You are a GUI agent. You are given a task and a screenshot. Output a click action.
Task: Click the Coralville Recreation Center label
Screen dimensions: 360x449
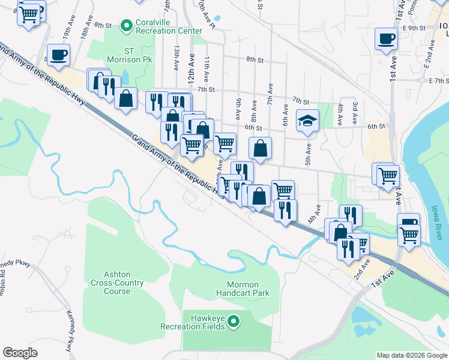tap(169, 26)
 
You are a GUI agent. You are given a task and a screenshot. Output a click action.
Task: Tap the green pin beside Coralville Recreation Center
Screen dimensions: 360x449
tap(126, 26)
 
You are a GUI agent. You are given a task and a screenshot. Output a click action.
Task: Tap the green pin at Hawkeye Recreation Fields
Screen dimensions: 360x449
tap(234, 322)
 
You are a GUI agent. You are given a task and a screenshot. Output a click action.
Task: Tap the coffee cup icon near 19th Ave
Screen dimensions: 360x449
tap(58, 55)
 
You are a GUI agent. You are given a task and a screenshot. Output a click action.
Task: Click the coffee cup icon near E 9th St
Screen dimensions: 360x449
tap(387, 39)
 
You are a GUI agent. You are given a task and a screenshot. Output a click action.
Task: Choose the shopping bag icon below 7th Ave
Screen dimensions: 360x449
tap(260, 148)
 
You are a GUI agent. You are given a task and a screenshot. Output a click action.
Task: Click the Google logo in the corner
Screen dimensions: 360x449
tap(20, 353)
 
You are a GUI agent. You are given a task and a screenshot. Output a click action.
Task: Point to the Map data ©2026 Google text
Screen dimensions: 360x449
tap(412, 355)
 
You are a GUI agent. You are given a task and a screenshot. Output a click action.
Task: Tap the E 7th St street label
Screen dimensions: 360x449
tap(438, 80)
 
